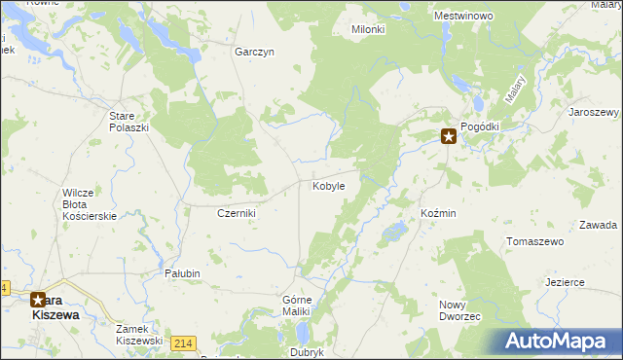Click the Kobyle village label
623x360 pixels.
pos(327,186)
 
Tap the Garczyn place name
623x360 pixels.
pos(254,53)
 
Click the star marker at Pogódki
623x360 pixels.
pos(449,137)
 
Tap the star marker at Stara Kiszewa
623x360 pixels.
pos(38,301)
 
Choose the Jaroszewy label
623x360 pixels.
pos(594,113)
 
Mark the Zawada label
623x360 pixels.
pos(598,225)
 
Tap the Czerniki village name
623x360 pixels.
pos(236,213)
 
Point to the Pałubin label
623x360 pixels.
pos(182,274)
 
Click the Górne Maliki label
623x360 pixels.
pos(295,305)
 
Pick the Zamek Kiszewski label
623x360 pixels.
pos(138,335)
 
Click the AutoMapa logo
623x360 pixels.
pos(558,342)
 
